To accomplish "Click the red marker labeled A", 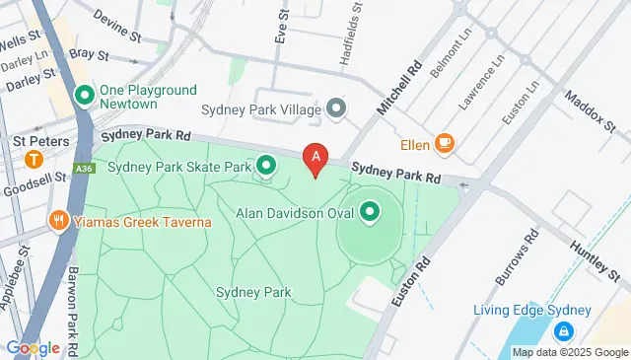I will [315, 156].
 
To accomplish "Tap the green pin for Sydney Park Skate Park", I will [266, 166].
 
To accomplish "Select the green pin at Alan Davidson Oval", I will [371, 211].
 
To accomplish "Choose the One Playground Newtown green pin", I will [85, 97].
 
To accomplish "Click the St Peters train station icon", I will [35, 159].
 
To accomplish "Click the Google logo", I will [32, 347].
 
